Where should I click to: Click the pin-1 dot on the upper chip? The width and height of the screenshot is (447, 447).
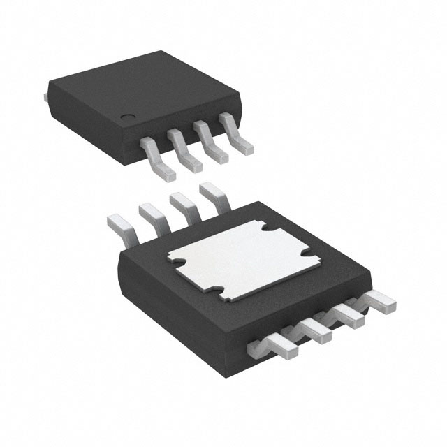tap(126, 117)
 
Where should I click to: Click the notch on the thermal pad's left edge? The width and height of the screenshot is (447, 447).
tap(176, 263)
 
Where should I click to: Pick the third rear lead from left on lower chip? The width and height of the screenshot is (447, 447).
tap(182, 203)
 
